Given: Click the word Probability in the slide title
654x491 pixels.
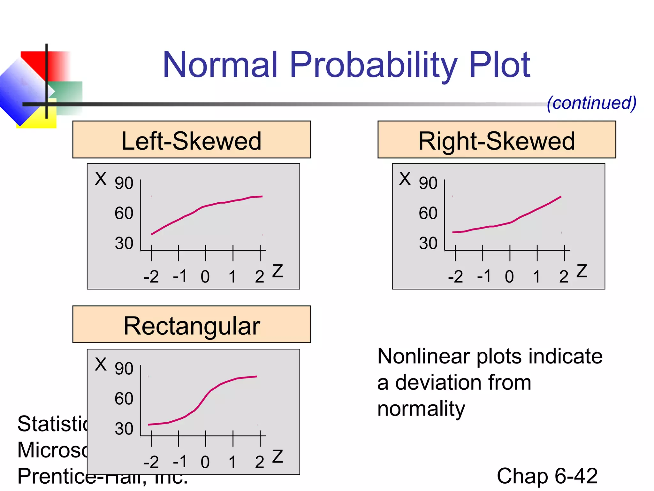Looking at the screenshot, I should coord(374,66).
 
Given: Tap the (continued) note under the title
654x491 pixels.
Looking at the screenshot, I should coord(591,103).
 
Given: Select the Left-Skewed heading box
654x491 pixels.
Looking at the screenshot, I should coord(192,140).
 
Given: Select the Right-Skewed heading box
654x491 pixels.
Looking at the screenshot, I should coord(497,140).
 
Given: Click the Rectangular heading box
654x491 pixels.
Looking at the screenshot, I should coord(192,325).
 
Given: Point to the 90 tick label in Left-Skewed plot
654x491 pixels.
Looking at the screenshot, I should coord(124,183).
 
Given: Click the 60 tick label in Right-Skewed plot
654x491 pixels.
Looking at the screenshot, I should coord(428,213).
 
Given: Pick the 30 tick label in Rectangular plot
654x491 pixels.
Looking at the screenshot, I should coord(124,429).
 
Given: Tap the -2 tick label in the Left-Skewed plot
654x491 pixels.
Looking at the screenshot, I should coord(151,277).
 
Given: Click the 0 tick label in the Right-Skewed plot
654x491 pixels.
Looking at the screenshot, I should coord(509,277).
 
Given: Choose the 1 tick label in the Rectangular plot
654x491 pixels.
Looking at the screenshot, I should coord(232,462).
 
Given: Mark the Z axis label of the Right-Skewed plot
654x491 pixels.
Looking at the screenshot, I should coord(582,271).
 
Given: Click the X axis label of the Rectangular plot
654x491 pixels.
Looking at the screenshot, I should coord(101,364).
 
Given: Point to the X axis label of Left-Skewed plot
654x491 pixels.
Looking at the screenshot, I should coord(101,179).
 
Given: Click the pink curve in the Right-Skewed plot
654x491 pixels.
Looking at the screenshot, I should coord(511,222).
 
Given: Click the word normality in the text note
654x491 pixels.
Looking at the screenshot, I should coord(421,409).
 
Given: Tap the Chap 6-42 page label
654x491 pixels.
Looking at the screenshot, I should coord(547,476).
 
